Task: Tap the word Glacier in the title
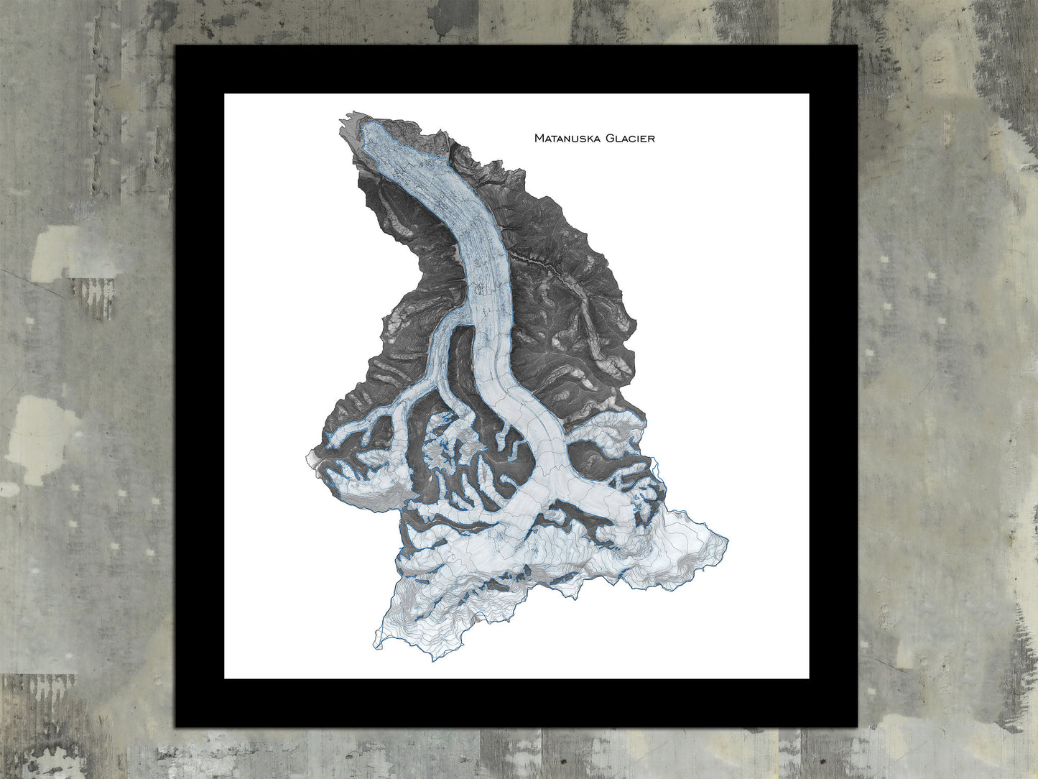coord(630,138)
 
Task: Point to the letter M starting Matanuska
coord(539,138)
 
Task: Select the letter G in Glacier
coord(609,138)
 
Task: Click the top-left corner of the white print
coord(225,95)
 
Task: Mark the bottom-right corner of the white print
coord(808,678)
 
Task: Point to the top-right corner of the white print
coord(808,95)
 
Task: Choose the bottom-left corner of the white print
coord(225,678)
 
